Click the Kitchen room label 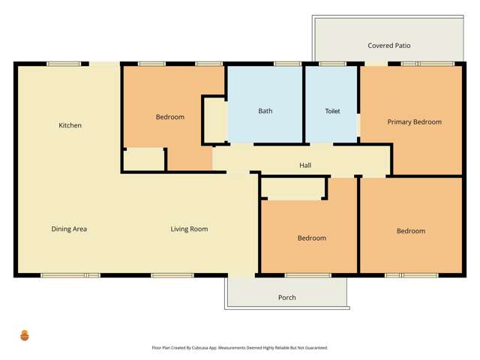coord(70,125)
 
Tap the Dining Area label coord(69,229)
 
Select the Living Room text coord(189,229)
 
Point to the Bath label coord(265,111)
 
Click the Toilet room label coord(332,111)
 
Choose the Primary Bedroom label coord(414,121)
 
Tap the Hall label coord(305,166)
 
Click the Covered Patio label coord(389,46)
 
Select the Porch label coord(286,298)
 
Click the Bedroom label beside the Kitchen coord(170,117)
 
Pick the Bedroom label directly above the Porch coord(312,238)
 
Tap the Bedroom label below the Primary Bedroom coord(411,231)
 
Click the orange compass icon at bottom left coord(25,335)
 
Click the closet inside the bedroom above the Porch coord(293,187)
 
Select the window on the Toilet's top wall coord(331,64)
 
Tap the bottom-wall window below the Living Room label coord(166,275)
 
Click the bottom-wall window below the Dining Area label coord(70,275)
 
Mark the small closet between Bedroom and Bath coord(216,118)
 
